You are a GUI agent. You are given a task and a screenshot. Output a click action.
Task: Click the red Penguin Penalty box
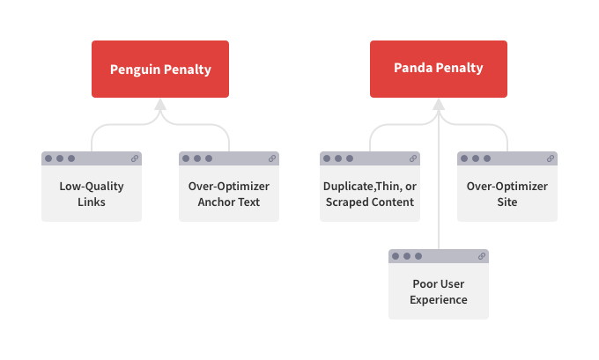click(160, 70)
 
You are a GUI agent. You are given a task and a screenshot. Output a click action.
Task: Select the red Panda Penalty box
click(439, 70)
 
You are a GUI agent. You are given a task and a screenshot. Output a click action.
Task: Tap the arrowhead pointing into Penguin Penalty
click(160, 105)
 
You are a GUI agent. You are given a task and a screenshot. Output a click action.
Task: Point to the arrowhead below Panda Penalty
click(439, 105)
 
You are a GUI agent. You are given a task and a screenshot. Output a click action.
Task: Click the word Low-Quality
click(92, 187)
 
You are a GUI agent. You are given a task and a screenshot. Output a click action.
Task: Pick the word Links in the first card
click(92, 202)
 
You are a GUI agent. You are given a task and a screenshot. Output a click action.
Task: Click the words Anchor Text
click(229, 202)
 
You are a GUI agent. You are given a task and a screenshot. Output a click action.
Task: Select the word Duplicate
click(349, 187)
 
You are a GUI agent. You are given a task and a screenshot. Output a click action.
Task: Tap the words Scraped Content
click(370, 202)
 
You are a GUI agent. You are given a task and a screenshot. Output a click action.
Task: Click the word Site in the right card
click(507, 202)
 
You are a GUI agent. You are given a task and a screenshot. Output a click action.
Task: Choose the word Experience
click(439, 299)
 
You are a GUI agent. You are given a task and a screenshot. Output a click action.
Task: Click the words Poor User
click(439, 283)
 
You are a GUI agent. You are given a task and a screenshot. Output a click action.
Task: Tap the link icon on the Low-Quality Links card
click(135, 158)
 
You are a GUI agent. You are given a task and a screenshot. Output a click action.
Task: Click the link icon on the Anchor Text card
click(272, 158)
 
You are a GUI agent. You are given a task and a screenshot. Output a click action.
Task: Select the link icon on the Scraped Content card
click(413, 158)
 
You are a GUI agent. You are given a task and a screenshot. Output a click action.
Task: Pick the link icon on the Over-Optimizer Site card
click(551, 158)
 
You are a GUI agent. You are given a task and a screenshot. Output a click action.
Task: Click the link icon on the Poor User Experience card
click(482, 256)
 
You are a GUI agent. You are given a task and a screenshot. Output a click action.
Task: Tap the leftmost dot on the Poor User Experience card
click(396, 256)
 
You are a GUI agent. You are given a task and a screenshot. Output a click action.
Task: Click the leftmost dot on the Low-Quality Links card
click(48, 158)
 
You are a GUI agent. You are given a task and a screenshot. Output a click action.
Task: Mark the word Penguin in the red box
click(136, 70)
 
